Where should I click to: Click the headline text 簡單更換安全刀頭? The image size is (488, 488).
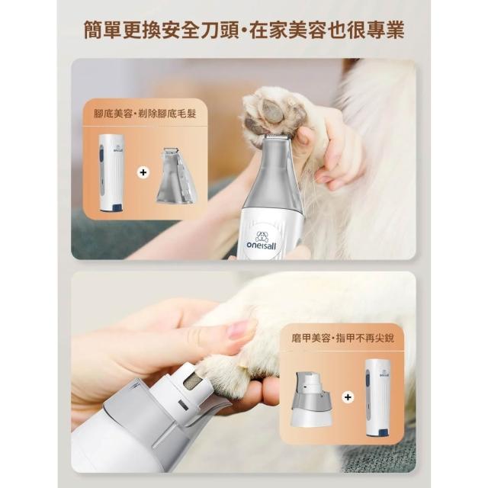click(x=161, y=30)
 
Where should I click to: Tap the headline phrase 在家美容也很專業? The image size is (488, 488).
click(x=327, y=30)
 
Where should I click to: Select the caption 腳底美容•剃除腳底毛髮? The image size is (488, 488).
click(x=145, y=114)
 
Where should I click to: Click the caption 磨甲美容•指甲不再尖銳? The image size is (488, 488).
click(x=342, y=338)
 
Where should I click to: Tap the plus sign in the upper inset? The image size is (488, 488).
click(x=143, y=172)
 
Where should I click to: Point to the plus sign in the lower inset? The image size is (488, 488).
click(x=348, y=397)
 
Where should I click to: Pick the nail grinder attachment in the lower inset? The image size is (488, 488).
click(x=312, y=399)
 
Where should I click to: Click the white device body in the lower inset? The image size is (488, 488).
click(x=378, y=398)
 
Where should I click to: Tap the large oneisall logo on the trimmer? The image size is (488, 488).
click(x=261, y=240)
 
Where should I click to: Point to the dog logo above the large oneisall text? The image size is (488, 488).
click(x=262, y=236)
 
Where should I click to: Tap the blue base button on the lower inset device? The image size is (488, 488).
click(x=383, y=432)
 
